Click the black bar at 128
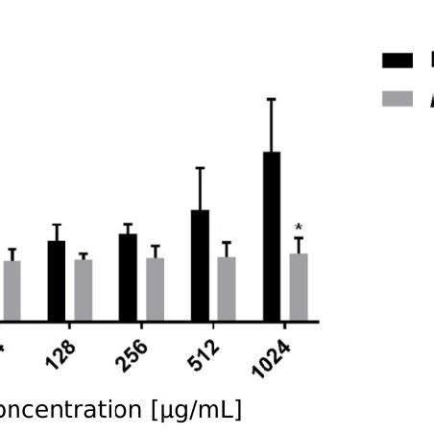pyautogui.click(x=57, y=280)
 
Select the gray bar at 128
pyautogui.click(x=84, y=290)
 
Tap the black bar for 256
pyautogui.click(x=128, y=277)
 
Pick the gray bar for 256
pyautogui.click(x=155, y=289)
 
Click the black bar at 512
pyautogui.click(x=200, y=265)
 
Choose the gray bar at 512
pyautogui.click(x=227, y=288)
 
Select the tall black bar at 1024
pyautogui.click(x=272, y=236)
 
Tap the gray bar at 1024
pyautogui.click(x=299, y=287)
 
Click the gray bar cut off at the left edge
pyautogui.click(x=12, y=290)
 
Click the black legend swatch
pyautogui.click(x=398, y=60)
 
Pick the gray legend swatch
pyautogui.click(x=398, y=98)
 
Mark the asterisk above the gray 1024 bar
pyautogui.click(x=299, y=229)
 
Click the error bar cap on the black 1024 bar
pyautogui.click(x=272, y=99)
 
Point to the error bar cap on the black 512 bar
pyautogui.click(x=200, y=168)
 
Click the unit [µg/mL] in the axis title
pyautogui.click(x=195, y=411)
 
